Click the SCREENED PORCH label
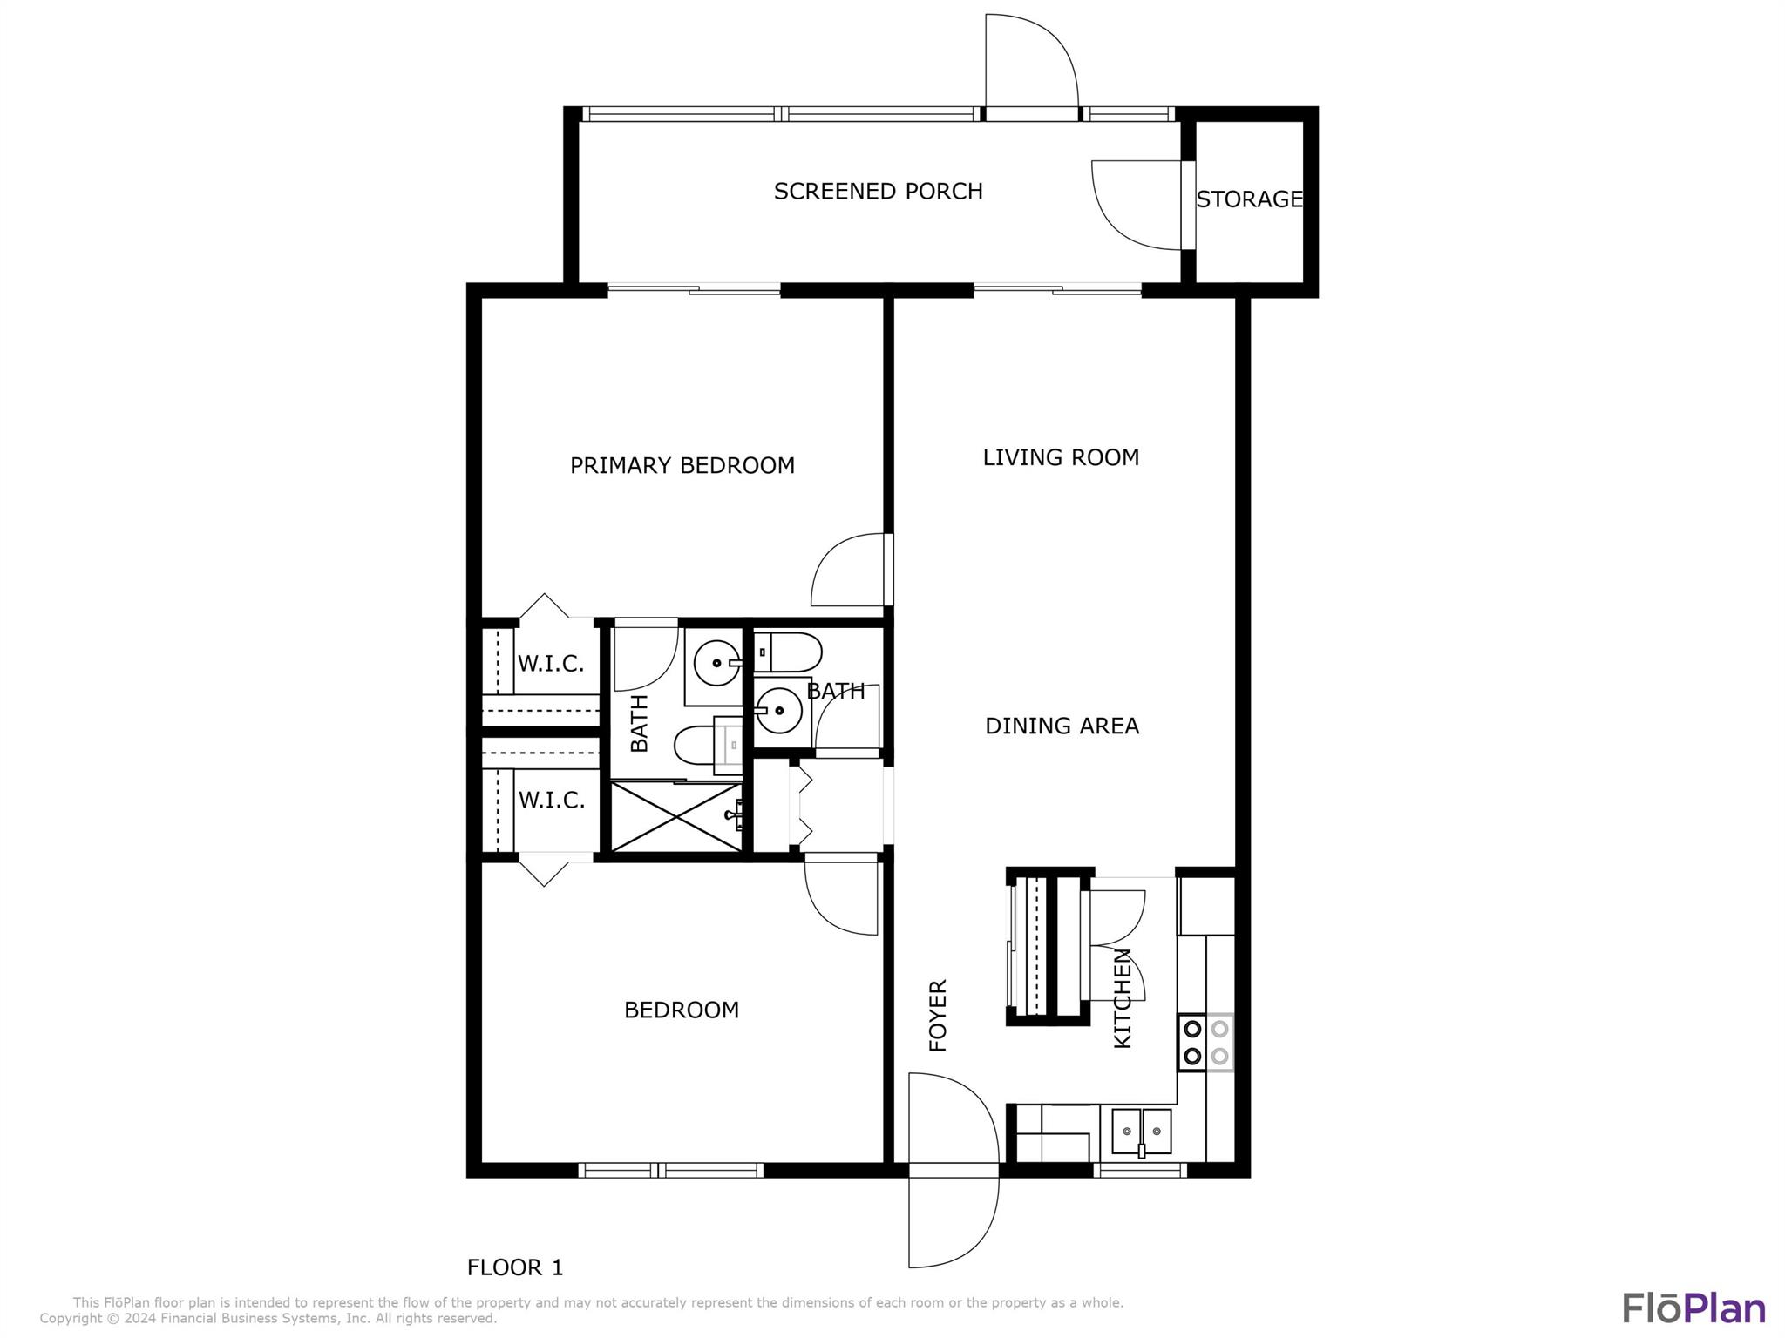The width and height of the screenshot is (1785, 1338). pos(878,192)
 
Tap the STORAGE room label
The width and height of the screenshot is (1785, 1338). pos(1249,199)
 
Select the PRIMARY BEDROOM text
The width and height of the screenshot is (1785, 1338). pos(682,465)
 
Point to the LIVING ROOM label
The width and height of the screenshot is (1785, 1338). pos(1061,457)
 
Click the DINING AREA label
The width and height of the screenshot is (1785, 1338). pos(1062,726)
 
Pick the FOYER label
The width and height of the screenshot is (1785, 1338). pos(938,1016)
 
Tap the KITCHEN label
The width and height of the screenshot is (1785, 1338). pos(1123,998)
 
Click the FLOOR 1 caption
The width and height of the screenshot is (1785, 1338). pos(515,1267)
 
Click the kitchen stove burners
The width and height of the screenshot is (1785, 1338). pos(1206,1042)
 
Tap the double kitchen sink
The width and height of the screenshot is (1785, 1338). pos(1141,1132)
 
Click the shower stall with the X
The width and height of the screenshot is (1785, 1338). pos(676,816)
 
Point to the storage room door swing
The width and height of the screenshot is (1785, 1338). pos(1137,205)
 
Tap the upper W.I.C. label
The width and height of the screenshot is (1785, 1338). pos(551,664)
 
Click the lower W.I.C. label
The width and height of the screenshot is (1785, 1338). pos(551,800)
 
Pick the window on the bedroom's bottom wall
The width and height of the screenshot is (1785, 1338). pos(670,1170)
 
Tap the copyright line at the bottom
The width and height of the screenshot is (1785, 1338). pos(268,1319)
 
